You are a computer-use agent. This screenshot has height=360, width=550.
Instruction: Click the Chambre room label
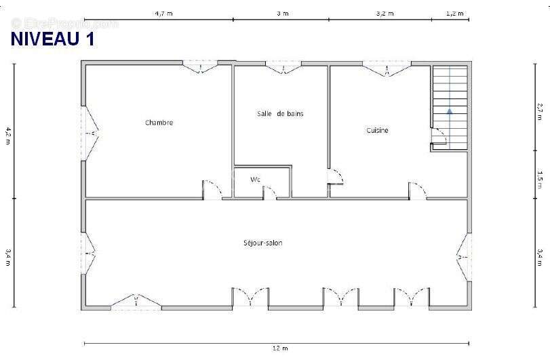[x=159, y=122]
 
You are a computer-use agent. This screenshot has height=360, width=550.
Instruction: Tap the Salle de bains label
[x=280, y=114]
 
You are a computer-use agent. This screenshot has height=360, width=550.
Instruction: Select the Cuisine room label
[x=378, y=130]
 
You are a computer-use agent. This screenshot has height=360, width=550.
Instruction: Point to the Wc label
[x=255, y=180]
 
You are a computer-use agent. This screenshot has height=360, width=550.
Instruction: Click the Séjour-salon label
[x=262, y=243]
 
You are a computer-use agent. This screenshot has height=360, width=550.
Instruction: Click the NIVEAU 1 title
[x=53, y=39]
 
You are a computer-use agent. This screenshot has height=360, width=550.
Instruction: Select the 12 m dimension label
[x=280, y=348]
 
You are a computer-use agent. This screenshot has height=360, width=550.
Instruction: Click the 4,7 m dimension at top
[x=164, y=14]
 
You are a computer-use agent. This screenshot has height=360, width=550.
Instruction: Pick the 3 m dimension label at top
[x=283, y=14]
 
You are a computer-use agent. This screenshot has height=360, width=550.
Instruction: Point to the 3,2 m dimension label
[x=385, y=14]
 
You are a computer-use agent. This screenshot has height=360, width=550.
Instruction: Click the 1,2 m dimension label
[x=454, y=14]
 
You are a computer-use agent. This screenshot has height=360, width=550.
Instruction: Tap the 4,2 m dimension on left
[x=8, y=136]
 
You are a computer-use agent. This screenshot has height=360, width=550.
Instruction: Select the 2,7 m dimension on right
[x=539, y=111]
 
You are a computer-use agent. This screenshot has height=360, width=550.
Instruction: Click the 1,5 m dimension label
[x=539, y=179]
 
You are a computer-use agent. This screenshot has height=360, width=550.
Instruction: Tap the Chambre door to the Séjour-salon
[x=212, y=190]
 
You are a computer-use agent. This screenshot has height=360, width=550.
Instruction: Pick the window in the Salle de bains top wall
[x=283, y=67]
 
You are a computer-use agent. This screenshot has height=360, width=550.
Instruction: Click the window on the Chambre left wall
[x=90, y=133]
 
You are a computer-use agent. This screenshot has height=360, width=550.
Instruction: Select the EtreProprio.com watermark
[x=64, y=24]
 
